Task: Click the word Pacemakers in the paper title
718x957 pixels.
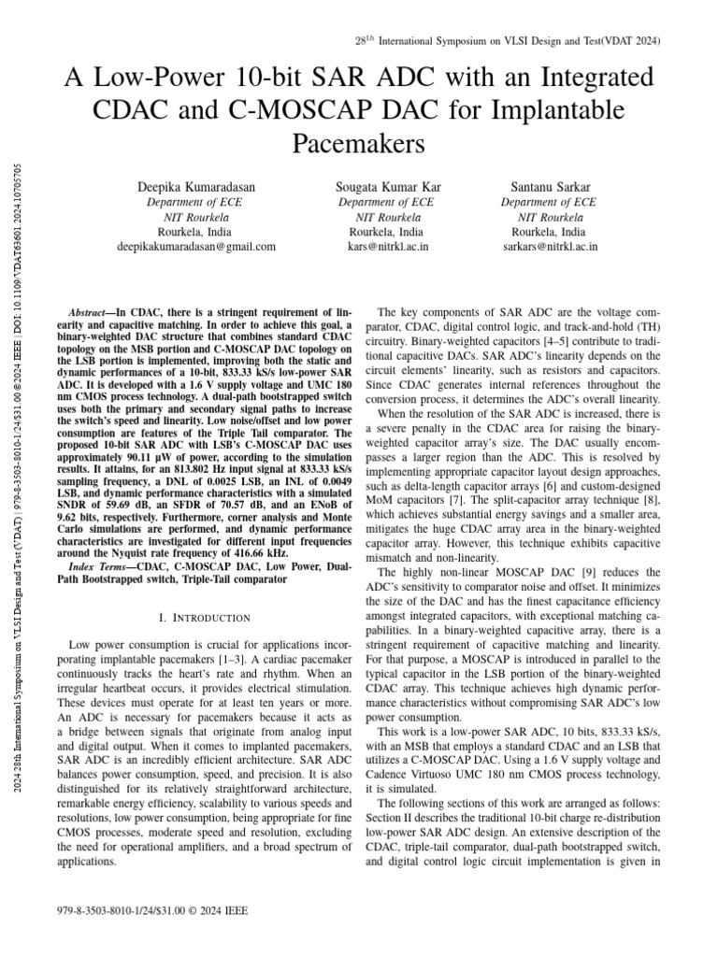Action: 359,144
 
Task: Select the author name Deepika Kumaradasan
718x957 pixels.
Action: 195,187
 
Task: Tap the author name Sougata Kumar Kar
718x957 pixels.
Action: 385,187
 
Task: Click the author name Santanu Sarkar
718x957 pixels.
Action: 549,187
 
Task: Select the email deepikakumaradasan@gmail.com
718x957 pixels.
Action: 195,247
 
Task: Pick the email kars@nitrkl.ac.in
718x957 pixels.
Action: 385,247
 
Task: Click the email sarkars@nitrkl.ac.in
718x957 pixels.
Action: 549,247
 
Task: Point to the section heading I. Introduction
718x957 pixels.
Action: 205,618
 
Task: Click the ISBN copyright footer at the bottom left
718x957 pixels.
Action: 152,909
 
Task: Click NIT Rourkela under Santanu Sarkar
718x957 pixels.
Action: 549,217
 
